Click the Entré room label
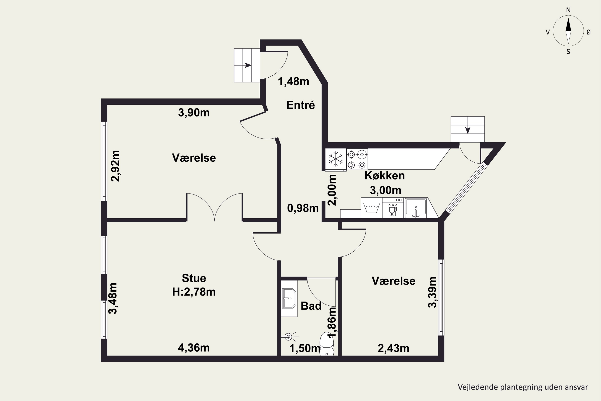pyautogui.click(x=300, y=105)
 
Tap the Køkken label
pyautogui.click(x=385, y=176)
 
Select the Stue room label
pyautogui.click(x=194, y=278)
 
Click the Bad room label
pyautogui.click(x=311, y=306)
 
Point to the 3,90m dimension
pyautogui.click(x=194, y=112)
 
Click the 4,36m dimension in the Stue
pyautogui.click(x=194, y=348)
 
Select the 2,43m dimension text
pyautogui.click(x=393, y=348)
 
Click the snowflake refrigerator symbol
pyautogui.click(x=336, y=159)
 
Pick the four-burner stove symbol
pyautogui.click(x=357, y=160)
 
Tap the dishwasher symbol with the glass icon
pyautogui.click(x=393, y=208)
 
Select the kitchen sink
pyautogui.click(x=416, y=208)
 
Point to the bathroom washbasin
pyautogui.click(x=289, y=299)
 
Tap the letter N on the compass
pyautogui.click(x=568, y=10)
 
